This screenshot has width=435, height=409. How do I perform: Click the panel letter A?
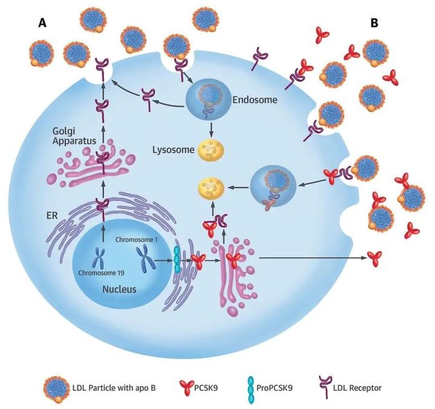point(42,23)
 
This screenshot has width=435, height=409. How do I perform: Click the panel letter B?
point(375,23)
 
